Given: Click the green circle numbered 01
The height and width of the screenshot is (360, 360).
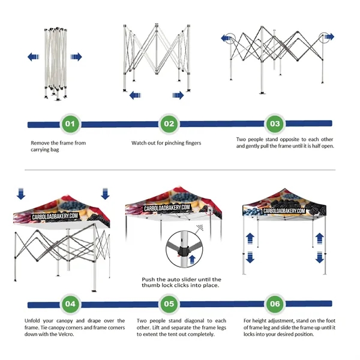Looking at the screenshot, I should click(70, 125).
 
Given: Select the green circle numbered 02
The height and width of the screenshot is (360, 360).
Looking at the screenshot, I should click(169, 125).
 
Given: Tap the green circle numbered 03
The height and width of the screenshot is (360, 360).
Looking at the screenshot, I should click(274, 125).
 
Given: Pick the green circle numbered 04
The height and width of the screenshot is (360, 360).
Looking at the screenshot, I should click(70, 304).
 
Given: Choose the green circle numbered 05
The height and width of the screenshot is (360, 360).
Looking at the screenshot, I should click(169, 304).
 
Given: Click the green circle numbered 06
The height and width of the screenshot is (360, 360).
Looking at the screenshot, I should click(274, 304).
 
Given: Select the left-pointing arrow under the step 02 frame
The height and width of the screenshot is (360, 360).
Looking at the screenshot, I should click(135, 95).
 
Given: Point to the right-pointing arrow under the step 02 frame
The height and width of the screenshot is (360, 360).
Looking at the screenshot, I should click(177, 95).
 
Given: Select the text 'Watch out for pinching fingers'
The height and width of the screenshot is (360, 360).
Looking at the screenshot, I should click(166, 143).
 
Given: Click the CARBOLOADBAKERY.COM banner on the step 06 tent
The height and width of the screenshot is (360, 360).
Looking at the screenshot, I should click(275, 211).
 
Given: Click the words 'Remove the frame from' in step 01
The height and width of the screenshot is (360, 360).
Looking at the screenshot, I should click(58, 143).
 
